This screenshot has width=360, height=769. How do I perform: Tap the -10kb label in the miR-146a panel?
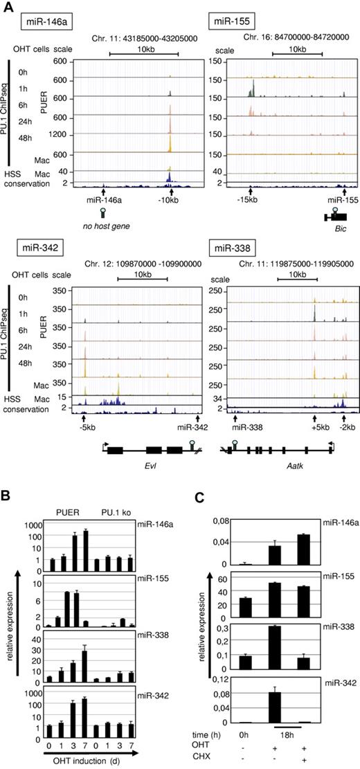point(170,200)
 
